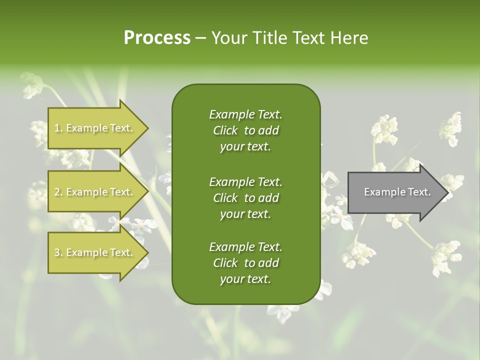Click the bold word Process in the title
pos(157,38)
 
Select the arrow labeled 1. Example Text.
pos(95,128)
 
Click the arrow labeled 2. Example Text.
pos(95,192)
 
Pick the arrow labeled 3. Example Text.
pos(95,252)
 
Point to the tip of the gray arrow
pos(446,192)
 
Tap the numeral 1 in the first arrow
pos(57,128)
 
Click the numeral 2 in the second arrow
pos(57,192)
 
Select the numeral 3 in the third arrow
pos(57,252)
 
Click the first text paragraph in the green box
pos(245,130)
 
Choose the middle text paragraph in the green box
pos(245,197)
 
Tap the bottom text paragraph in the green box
pos(245,263)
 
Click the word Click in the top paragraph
pos(225,130)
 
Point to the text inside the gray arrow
pos(397,192)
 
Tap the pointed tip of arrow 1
pos(147,128)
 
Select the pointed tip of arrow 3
pos(147,252)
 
